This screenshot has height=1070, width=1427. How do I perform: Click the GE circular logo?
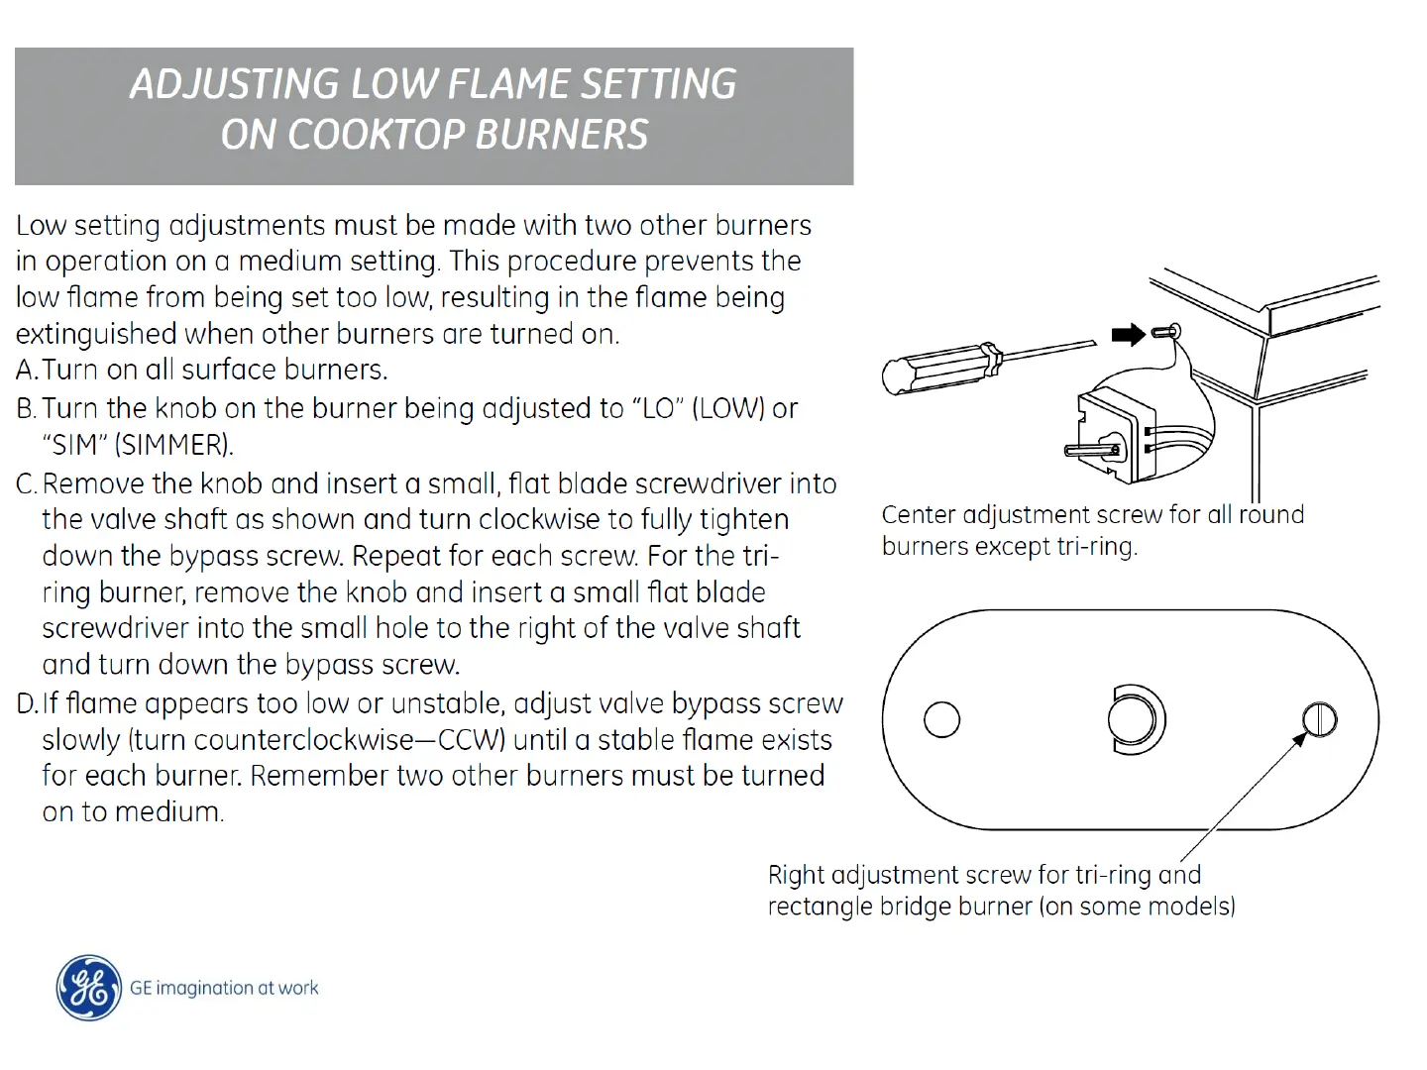pyautogui.click(x=89, y=988)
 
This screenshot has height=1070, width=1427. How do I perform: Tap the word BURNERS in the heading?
pyautogui.click(x=562, y=135)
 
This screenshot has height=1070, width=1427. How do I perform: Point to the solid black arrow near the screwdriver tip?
pyautogui.click(x=1128, y=335)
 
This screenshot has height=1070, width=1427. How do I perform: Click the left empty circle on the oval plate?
pyautogui.click(x=941, y=719)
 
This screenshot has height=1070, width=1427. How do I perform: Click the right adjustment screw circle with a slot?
pyautogui.click(x=1319, y=719)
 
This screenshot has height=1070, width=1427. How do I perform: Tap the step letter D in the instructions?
pyautogui.click(x=26, y=704)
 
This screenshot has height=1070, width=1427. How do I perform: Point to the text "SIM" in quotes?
pyautogui.click(x=75, y=445)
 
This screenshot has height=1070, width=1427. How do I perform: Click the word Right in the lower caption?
pyautogui.click(x=796, y=876)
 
